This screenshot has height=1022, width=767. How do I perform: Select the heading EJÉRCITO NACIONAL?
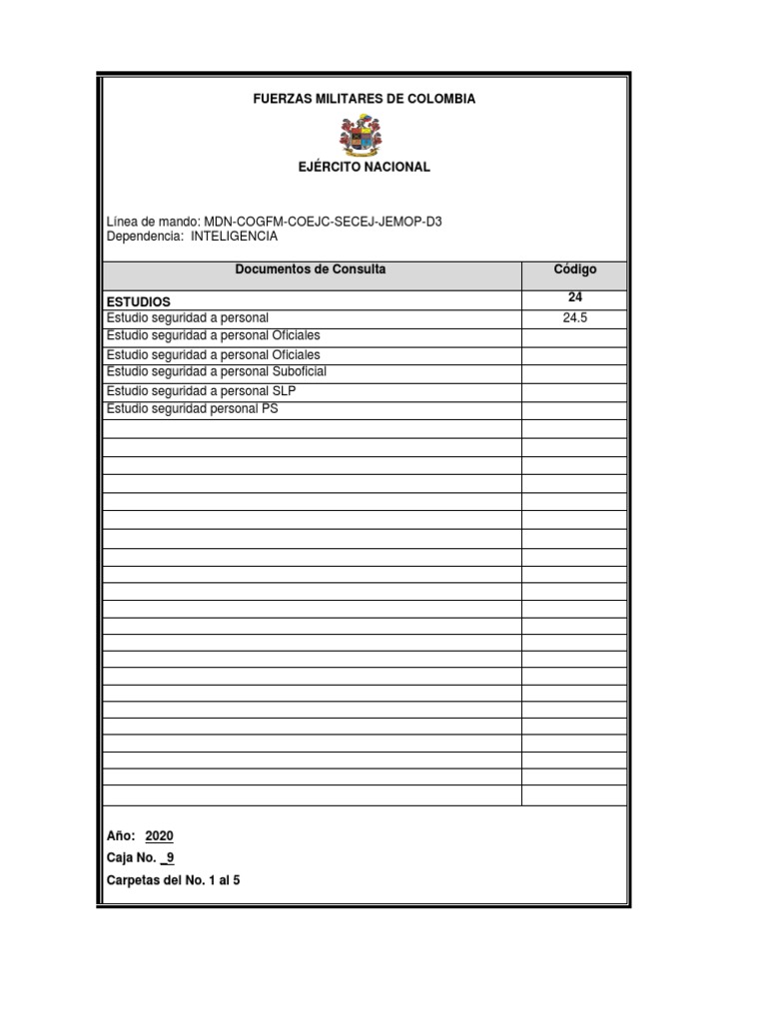[x=364, y=167]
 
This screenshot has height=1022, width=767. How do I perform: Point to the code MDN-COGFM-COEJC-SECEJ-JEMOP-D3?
[x=323, y=221]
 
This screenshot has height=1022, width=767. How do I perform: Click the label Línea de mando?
[x=152, y=221]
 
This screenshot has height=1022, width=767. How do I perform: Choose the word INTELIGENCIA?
[x=234, y=237]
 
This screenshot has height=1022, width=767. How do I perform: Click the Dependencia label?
[x=145, y=237]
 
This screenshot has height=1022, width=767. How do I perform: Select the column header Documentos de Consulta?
[x=310, y=269]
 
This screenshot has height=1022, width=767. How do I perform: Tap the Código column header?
[x=574, y=269]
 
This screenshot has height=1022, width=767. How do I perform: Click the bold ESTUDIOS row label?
[x=138, y=300]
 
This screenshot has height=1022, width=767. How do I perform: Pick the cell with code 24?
[x=574, y=297]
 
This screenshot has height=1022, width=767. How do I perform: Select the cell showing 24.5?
[x=574, y=317]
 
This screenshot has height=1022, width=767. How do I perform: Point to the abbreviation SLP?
[x=285, y=390]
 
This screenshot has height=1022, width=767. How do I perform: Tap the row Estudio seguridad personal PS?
[x=192, y=408]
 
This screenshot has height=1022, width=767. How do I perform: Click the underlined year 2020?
[x=159, y=836]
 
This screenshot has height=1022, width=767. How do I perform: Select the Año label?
[x=120, y=836]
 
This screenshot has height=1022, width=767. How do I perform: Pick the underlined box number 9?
[x=170, y=857]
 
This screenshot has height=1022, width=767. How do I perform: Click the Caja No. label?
[x=130, y=857]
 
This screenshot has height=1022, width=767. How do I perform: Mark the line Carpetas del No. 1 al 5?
[x=173, y=880]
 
